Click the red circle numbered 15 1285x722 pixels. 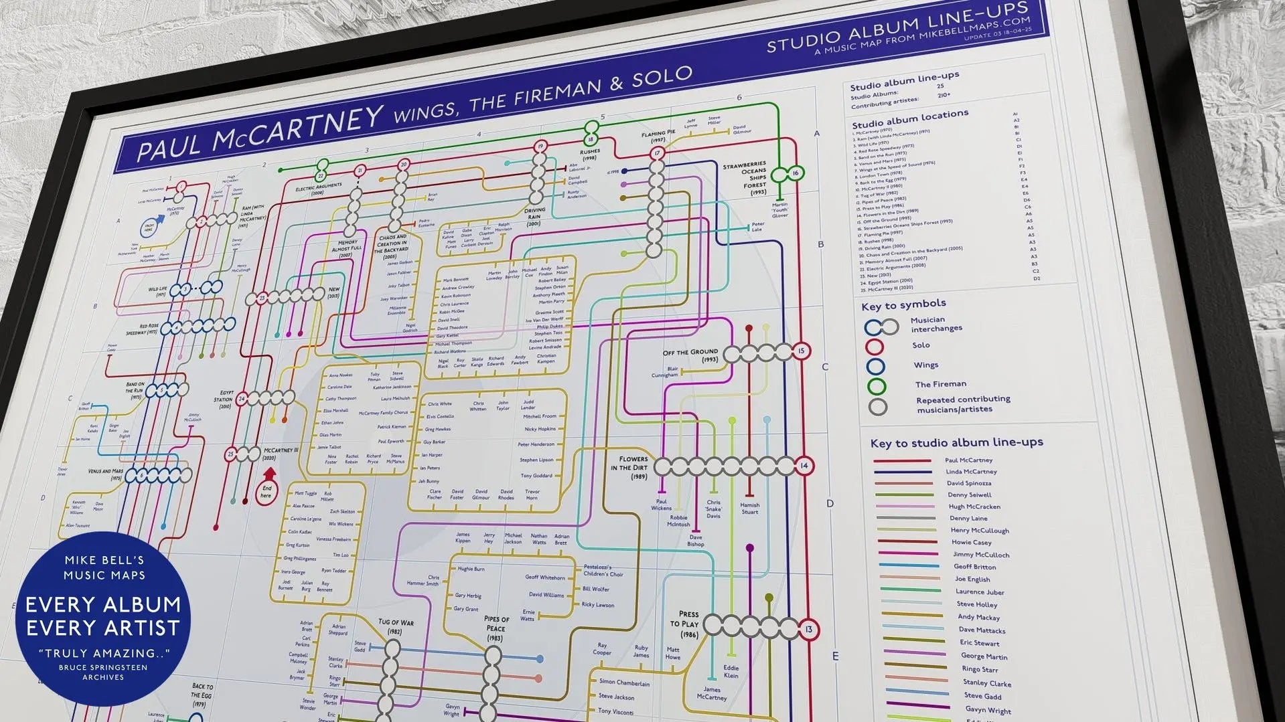(x=802, y=351)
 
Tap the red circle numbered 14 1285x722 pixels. (x=804, y=466)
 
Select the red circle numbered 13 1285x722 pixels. (x=809, y=630)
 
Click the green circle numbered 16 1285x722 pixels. (x=795, y=173)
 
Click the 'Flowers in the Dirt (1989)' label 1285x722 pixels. (x=629, y=468)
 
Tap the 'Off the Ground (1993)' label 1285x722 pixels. (x=690, y=355)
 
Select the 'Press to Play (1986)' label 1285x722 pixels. (x=688, y=624)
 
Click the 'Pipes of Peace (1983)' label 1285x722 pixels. (x=496, y=628)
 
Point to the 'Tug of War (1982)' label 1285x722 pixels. (x=396, y=626)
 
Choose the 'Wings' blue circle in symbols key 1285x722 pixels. (x=875, y=366)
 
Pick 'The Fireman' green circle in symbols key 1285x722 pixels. (x=877, y=386)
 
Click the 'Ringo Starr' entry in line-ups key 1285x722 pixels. (x=980, y=669)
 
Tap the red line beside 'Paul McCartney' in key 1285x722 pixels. (x=902, y=461)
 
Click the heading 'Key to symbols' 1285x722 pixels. (x=903, y=305)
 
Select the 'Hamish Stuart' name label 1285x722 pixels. (x=749, y=509)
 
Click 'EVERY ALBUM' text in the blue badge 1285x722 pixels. (x=103, y=604)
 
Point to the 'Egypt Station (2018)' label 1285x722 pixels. (x=223, y=399)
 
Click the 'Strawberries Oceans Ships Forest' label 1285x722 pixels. (x=745, y=178)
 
